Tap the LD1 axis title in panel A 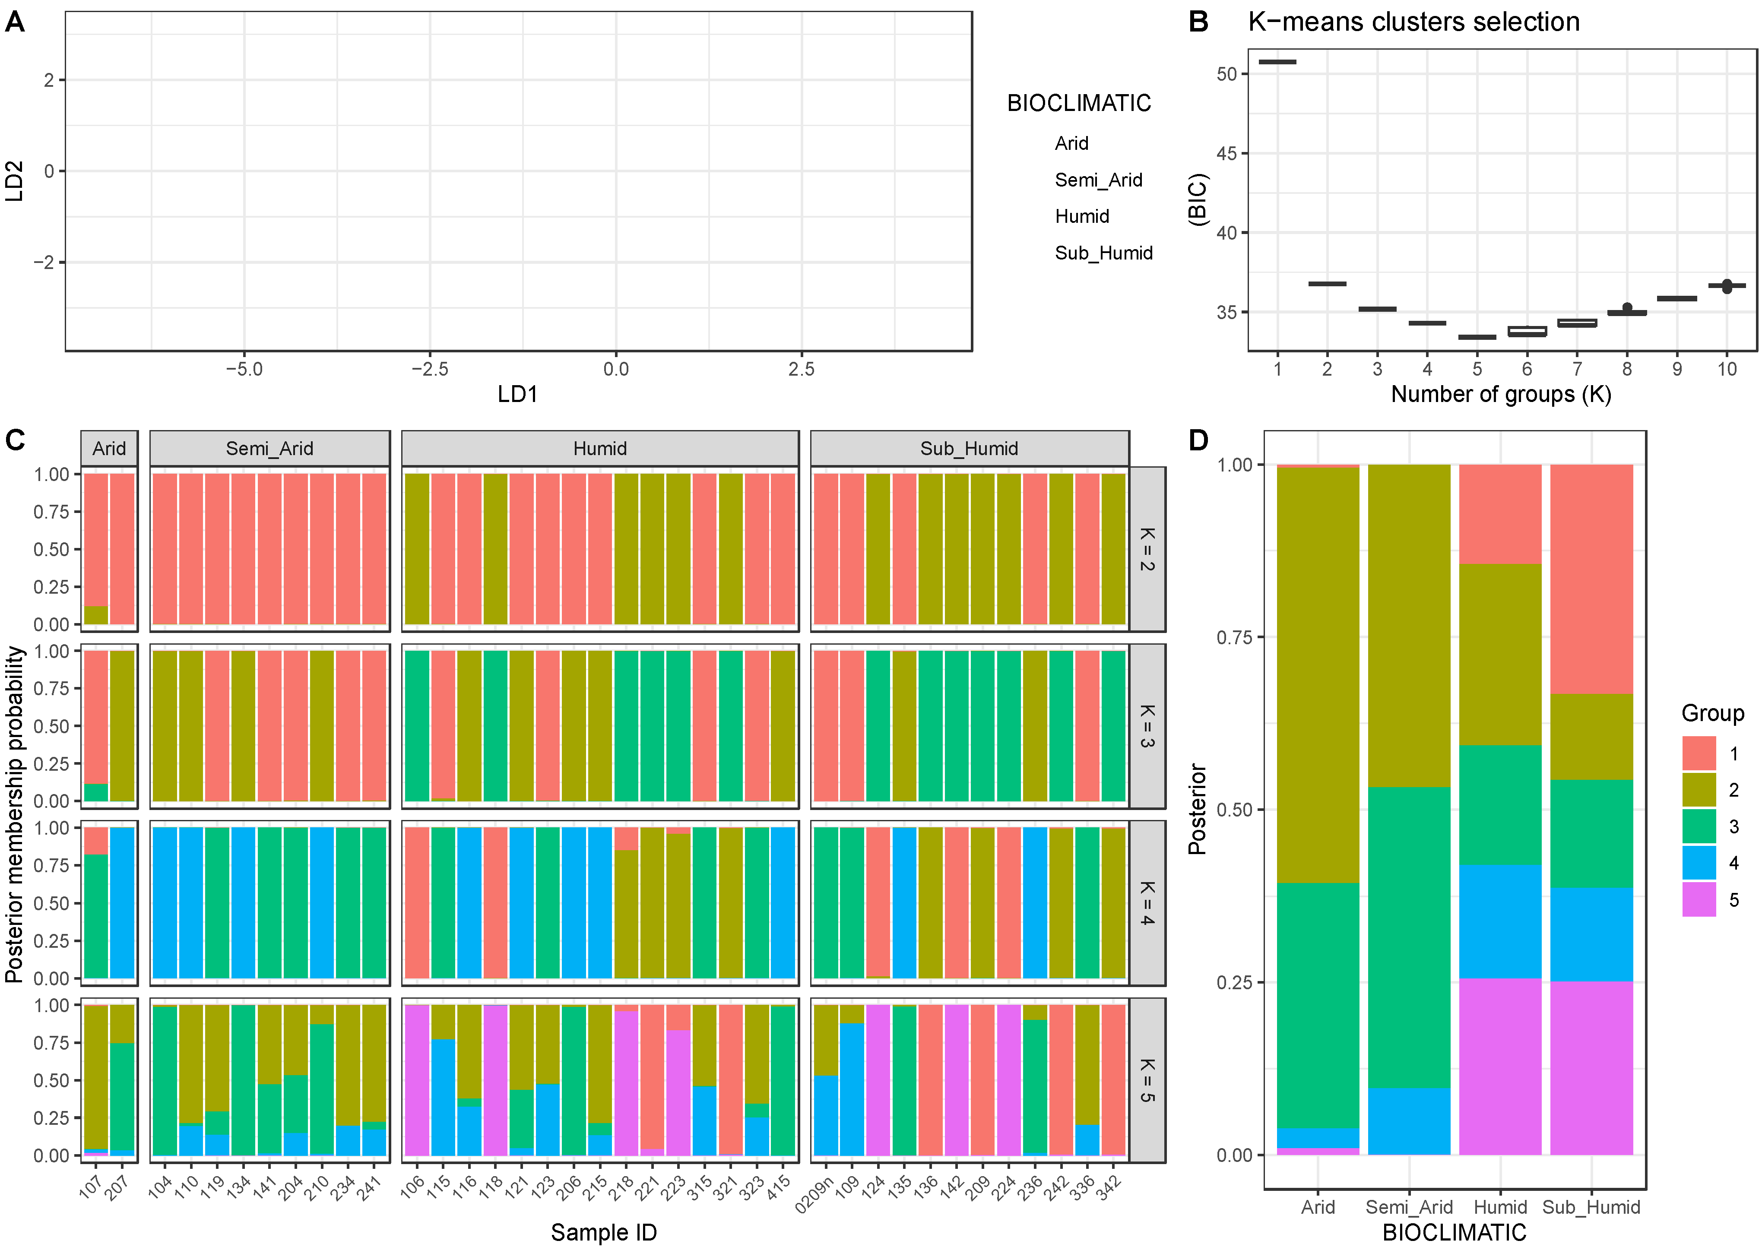[517, 395]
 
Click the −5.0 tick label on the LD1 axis [244, 369]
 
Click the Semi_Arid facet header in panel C [269, 449]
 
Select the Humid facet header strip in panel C [599, 449]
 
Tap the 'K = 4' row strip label [1147, 903]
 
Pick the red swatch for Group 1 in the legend [1698, 753]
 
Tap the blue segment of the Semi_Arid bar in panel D [1409, 1121]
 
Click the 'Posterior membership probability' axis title [15, 814]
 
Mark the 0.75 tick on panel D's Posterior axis [1234, 637]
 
